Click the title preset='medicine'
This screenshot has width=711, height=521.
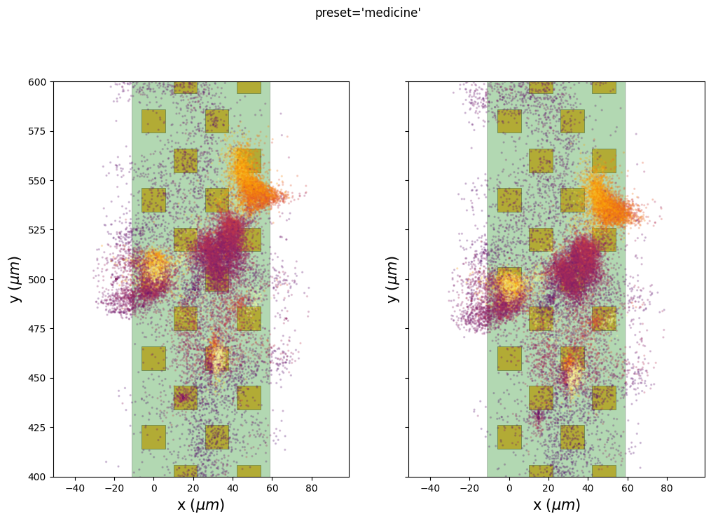point(368,13)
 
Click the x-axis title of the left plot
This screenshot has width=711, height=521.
point(201,505)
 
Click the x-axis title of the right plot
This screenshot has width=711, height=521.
point(557,505)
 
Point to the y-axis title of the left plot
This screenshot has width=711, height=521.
point(15,279)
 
